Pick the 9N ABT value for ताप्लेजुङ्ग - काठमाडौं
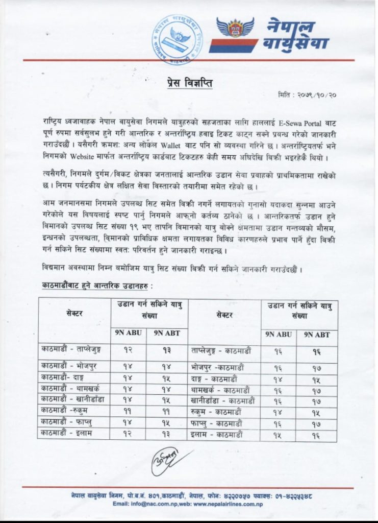(317, 351)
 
